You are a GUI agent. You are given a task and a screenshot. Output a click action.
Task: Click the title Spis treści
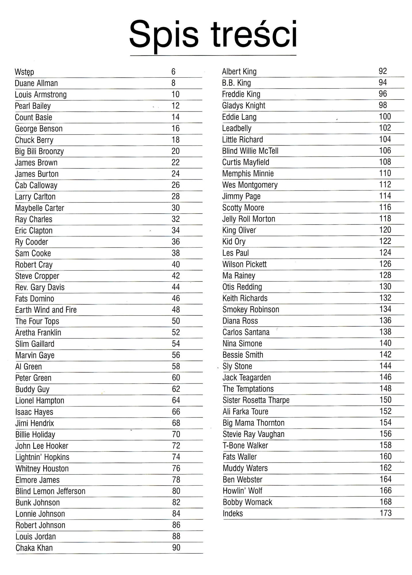[x=213, y=34]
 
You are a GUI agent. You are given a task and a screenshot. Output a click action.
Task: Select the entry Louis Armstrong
[x=41, y=95]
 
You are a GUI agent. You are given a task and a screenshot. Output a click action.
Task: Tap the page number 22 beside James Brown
[x=175, y=162]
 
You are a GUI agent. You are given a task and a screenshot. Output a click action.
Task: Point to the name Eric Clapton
[x=34, y=231]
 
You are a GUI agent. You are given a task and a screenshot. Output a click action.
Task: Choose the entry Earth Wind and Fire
[x=46, y=310]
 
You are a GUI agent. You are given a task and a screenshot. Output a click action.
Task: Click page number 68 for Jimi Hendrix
[x=176, y=423]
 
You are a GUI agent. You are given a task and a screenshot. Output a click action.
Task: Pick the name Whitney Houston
[x=42, y=468]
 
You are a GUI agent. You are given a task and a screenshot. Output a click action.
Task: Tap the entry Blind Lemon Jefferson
[x=50, y=491]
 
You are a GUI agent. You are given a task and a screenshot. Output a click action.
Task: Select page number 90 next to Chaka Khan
[x=176, y=548]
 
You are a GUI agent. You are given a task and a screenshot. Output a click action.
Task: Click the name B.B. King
[x=236, y=83]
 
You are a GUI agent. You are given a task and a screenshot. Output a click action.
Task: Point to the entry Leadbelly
[x=237, y=128]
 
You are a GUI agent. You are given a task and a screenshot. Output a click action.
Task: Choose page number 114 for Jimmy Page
[x=385, y=196]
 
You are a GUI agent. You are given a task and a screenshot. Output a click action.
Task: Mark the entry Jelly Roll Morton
[x=249, y=219]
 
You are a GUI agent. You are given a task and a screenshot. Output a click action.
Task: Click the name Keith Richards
[x=245, y=298]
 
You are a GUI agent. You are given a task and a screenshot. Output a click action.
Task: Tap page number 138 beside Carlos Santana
[x=385, y=332]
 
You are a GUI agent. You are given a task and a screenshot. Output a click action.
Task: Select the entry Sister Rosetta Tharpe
[x=256, y=400]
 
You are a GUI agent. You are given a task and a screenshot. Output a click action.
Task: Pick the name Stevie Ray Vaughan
[x=253, y=434]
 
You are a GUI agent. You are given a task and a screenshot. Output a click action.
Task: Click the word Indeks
[x=233, y=513]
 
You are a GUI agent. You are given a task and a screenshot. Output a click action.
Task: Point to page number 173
[x=386, y=513]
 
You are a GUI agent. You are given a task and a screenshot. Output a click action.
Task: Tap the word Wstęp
[x=24, y=72]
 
